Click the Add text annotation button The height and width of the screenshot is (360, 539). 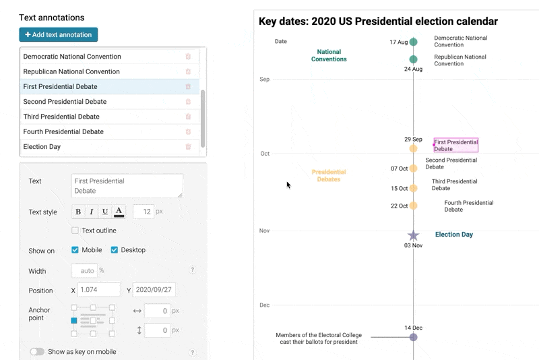pos(59,34)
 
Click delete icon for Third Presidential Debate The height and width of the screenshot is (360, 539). pos(188,117)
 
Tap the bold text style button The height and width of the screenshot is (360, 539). pos(78,212)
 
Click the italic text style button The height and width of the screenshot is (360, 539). pos(92,212)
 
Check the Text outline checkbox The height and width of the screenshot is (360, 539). pos(75,231)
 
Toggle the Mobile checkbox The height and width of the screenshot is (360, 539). pos(75,250)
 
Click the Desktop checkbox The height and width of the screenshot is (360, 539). pos(114,250)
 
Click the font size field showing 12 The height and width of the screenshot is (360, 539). pos(144,212)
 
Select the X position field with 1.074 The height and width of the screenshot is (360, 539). pos(98,290)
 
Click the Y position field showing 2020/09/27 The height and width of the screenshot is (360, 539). pos(154,290)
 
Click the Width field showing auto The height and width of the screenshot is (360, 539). pos(84,271)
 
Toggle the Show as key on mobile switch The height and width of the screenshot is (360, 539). pos(37,352)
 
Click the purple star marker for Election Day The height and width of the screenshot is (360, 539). pos(414,235)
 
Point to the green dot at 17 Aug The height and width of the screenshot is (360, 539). pos(414,42)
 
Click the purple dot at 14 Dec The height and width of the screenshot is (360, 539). pos(414,337)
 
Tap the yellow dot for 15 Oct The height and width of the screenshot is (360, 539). pos(414,189)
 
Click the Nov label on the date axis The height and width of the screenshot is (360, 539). pos(265,231)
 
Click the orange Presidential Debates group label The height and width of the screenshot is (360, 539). pos(329,176)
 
